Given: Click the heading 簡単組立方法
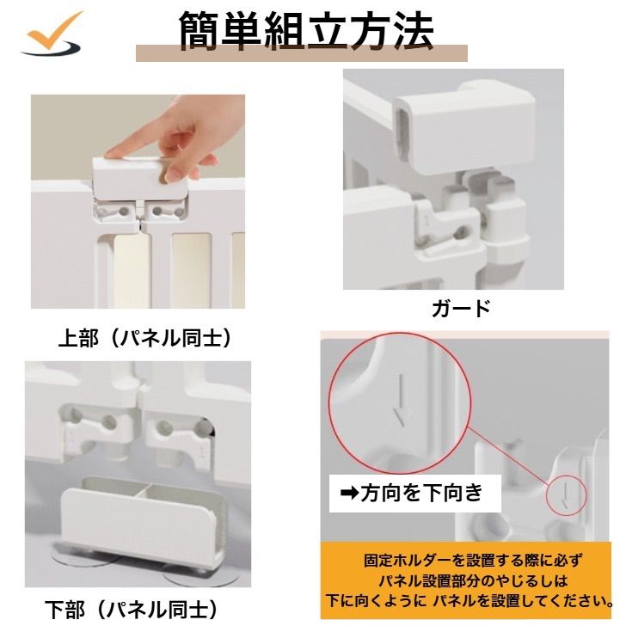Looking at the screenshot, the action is pyautogui.click(x=306, y=30).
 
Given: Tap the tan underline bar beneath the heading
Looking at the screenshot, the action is pyautogui.click(x=302, y=53).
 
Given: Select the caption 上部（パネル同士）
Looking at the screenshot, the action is pyautogui.click(x=145, y=339).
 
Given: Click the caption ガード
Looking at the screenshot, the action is pyautogui.click(x=461, y=309).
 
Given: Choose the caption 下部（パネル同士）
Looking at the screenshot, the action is pyautogui.click(x=132, y=610).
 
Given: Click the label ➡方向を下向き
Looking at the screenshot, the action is pyautogui.click(x=412, y=493).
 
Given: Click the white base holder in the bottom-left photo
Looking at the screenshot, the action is pyautogui.click(x=143, y=521).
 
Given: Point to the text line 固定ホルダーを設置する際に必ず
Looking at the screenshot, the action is pyautogui.click(x=472, y=561).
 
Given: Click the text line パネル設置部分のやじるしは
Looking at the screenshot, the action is pyautogui.click(x=472, y=580).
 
